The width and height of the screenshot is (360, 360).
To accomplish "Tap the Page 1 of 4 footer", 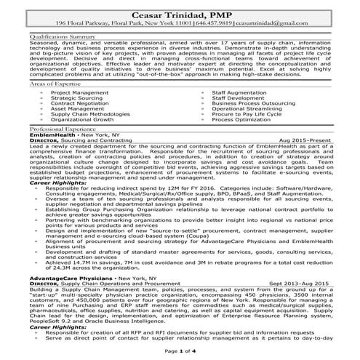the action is point(180,351).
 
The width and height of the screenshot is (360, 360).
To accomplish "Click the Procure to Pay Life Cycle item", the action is point(246,114).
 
